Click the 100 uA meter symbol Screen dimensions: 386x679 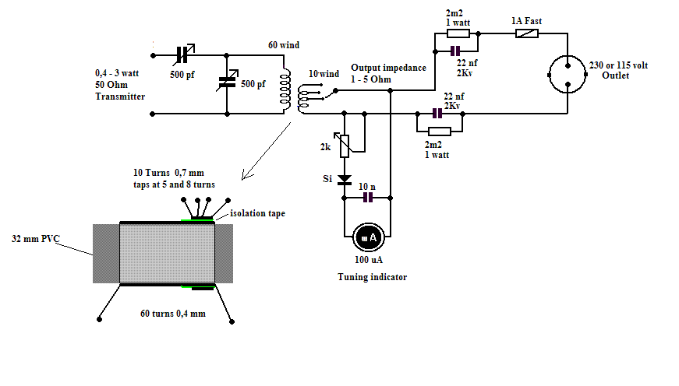366,236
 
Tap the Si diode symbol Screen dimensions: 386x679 344,179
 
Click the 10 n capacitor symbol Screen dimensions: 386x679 369,198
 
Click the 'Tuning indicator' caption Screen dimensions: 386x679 372,277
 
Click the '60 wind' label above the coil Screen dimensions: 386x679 284,46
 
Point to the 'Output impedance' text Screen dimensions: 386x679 388,68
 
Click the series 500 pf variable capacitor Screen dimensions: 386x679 185,55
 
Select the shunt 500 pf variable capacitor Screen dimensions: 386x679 227,81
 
